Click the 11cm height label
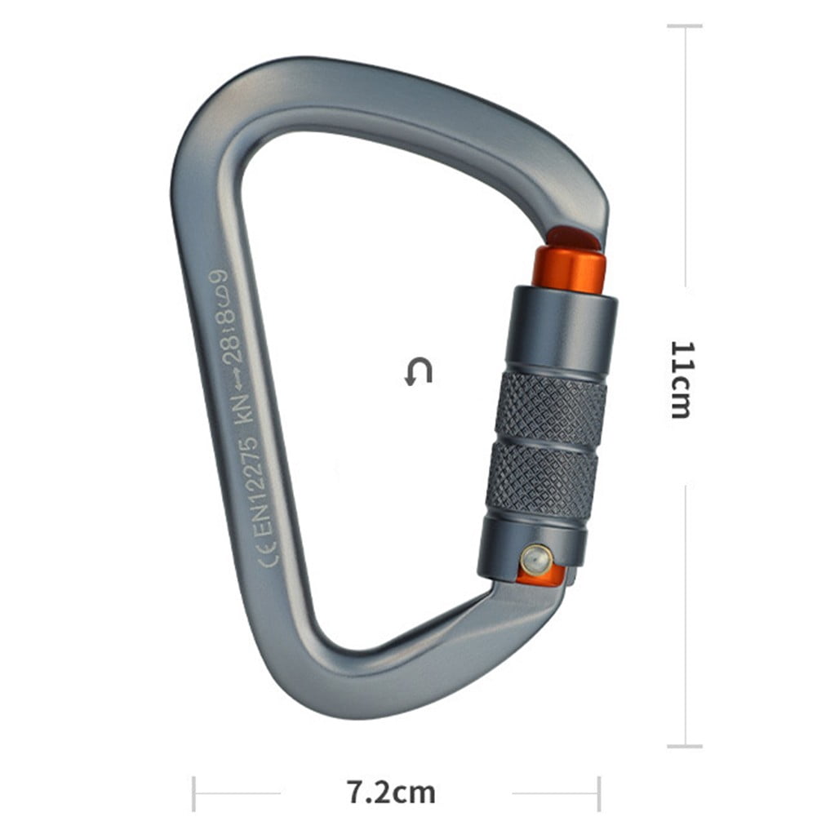tap(682, 379)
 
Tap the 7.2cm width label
tap(391, 792)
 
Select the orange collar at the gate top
tap(569, 265)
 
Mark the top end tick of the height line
tap(684, 26)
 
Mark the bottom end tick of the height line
tap(684, 745)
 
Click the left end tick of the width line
tap(194, 793)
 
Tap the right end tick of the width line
tap(599, 793)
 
